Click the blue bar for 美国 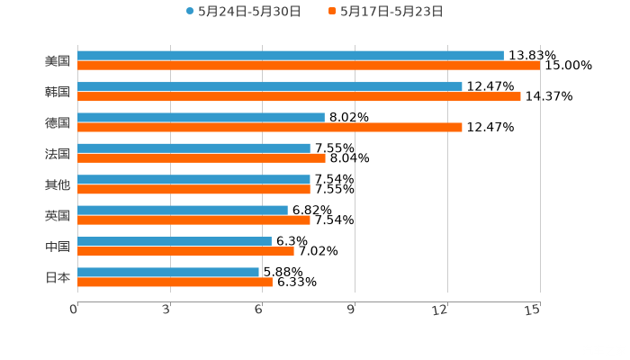tap(290, 56)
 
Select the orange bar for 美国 tap(308, 66)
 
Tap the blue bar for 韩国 tap(269, 87)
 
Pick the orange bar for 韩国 tap(299, 97)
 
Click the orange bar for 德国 tap(269, 127)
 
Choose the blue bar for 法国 tap(193, 148)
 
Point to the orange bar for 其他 tap(193, 189)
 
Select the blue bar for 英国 tap(182, 211)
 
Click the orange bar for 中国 tap(185, 251)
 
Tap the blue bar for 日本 tap(167, 273)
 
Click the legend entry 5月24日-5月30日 tap(243, 12)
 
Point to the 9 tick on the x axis tap(353, 310)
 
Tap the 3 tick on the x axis tap(167, 310)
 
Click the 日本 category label tap(58, 278)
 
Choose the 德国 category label tap(58, 122)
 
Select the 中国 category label tap(58, 247)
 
